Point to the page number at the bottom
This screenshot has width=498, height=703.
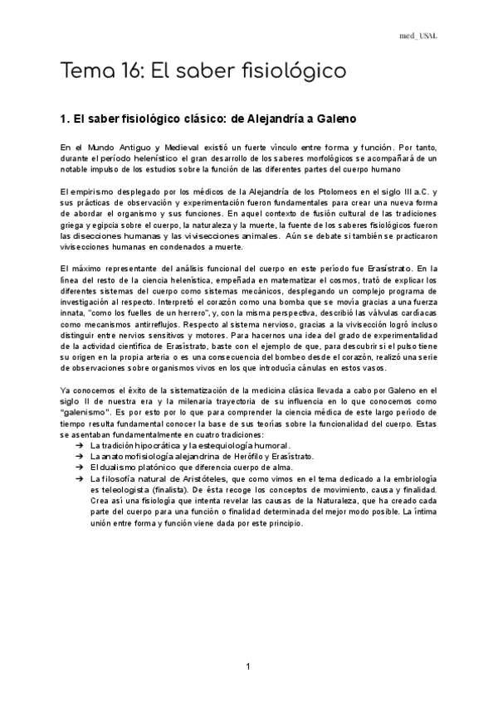click(248, 667)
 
